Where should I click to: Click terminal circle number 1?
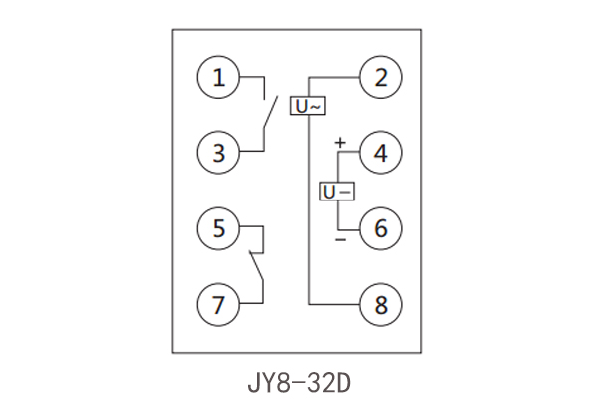(218, 78)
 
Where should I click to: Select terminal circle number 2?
(380, 78)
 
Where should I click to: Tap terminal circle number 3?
(218, 153)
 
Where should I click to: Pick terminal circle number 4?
(380, 153)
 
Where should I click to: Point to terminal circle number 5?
(218, 228)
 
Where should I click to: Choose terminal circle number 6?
(380, 228)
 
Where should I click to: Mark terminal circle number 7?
(218, 303)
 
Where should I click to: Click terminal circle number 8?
(380, 303)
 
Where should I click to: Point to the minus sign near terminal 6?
(340, 240)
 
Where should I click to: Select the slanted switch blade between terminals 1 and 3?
(268, 114)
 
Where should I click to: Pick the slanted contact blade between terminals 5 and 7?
(256, 266)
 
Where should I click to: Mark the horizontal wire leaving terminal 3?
(251, 152)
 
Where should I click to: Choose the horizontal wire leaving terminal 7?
(251, 303)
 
